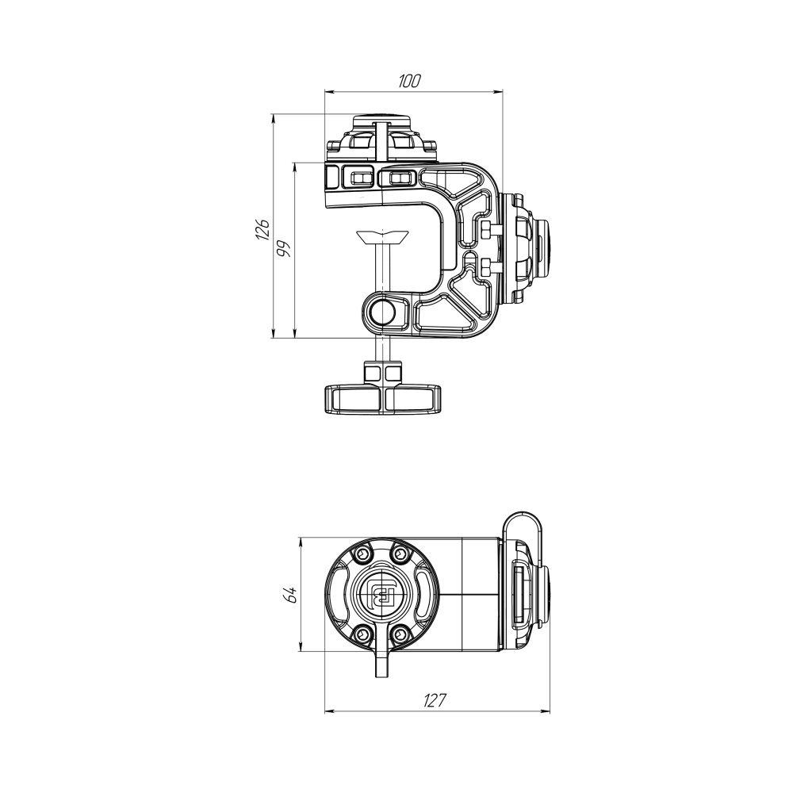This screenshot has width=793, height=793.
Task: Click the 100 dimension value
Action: tap(409, 80)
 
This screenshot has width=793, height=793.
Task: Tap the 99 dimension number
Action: tap(285, 248)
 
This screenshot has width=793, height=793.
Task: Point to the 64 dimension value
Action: tap(291, 595)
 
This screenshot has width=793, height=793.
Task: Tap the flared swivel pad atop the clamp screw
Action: tap(383, 236)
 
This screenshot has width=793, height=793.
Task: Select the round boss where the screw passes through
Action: tap(384, 312)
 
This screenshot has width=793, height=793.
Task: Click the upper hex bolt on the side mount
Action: tap(488, 229)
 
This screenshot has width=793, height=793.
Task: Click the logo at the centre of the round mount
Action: tap(381, 595)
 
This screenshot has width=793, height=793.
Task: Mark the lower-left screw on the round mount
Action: tap(362, 634)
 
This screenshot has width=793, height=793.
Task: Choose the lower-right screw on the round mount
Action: tap(400, 634)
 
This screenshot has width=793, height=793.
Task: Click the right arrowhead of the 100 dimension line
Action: tap(500, 92)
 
